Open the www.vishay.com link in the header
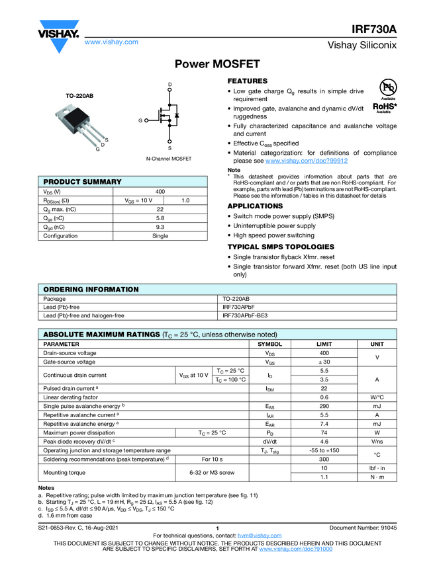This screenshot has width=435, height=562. [111, 42]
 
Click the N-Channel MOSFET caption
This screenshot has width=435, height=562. [169, 159]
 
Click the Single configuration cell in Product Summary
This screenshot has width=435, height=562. [160, 236]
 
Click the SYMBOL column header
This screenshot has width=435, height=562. [269, 344]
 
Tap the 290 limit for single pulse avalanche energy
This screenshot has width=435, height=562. [324, 406]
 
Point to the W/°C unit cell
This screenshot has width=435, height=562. [377, 397]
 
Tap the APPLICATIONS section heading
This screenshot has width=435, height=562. [255, 206]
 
